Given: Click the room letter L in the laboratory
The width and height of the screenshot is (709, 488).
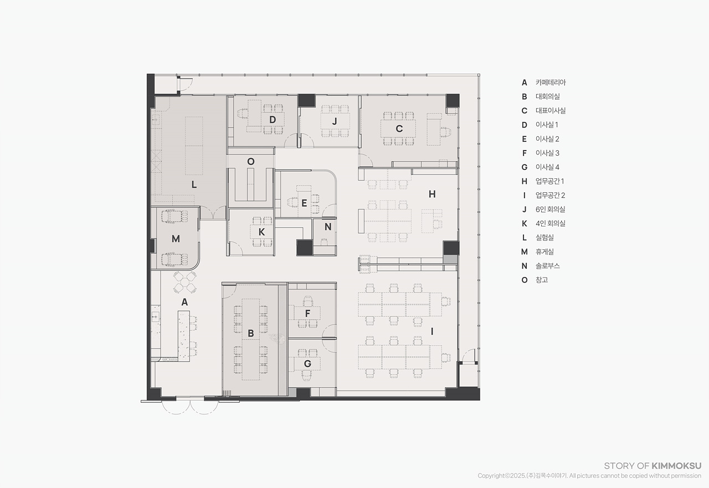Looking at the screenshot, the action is coord(194,184).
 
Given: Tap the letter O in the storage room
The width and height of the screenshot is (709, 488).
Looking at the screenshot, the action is coord(251,162).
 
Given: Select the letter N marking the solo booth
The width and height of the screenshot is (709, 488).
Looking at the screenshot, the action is coord(328,227).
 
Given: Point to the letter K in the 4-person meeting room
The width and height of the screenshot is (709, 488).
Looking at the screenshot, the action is coord(261,232).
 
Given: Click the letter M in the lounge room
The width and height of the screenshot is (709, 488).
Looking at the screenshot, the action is coord(176,239).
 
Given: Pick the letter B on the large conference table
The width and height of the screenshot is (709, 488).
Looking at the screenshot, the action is coord(251,333).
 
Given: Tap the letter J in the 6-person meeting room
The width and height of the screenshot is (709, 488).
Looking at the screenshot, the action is coord(335,121).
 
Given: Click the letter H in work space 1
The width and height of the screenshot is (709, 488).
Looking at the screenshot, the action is coord(432,194).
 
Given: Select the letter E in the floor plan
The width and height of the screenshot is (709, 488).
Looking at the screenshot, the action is coord(304,203).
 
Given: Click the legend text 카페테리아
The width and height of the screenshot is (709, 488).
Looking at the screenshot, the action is coord(551,83).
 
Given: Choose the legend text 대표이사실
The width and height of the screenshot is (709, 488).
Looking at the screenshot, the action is coord(551,111).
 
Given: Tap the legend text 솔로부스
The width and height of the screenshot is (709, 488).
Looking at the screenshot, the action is coord(548,266).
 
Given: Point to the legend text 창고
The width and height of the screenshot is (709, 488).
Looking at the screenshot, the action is coord(542,280).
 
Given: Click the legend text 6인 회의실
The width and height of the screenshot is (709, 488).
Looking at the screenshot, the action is coord(551,209).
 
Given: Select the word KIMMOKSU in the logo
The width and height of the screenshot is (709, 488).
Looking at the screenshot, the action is coord(676,466).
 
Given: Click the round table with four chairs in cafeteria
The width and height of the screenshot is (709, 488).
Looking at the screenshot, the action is coord(185,282).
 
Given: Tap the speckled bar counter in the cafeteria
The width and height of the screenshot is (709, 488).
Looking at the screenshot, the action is coord(183,336).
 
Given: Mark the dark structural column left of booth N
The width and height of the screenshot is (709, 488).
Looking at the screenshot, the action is coord(305,248).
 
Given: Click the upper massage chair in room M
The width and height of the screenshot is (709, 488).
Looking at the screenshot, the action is coord(174,217).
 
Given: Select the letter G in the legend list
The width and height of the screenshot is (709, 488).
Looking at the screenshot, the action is coord(525,167).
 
